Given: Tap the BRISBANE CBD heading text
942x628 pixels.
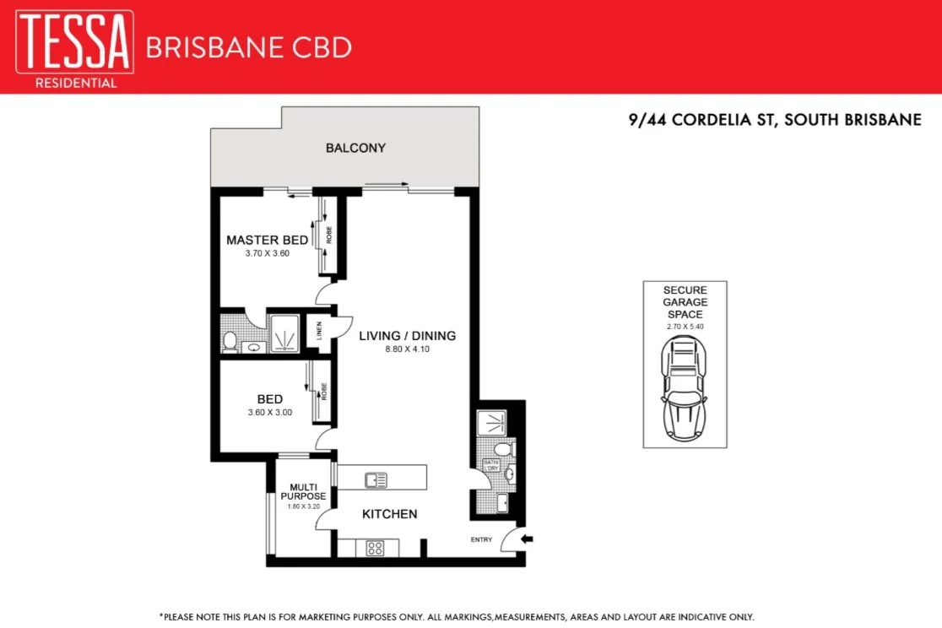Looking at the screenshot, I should (248, 47).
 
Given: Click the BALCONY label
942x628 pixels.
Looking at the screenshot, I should (355, 148).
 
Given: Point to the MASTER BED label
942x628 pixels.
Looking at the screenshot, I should (267, 241).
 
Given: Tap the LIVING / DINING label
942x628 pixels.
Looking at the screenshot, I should (407, 336).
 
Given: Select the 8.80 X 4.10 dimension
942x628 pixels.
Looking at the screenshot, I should (407, 349).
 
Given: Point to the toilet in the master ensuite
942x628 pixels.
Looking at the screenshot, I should (230, 341).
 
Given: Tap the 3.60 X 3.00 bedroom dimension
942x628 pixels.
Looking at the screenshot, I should (269, 413).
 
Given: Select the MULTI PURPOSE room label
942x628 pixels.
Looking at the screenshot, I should (303, 491).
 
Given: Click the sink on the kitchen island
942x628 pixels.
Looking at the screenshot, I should (376, 480).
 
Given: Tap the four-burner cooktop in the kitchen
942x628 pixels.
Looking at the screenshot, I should (376, 548).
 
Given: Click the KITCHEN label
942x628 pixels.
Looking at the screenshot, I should (389, 514).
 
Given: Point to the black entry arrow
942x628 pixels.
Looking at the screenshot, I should (528, 539).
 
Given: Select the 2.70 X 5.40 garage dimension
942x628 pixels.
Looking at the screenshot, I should (684, 325).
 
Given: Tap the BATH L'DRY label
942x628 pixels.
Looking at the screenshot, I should (491, 465).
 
